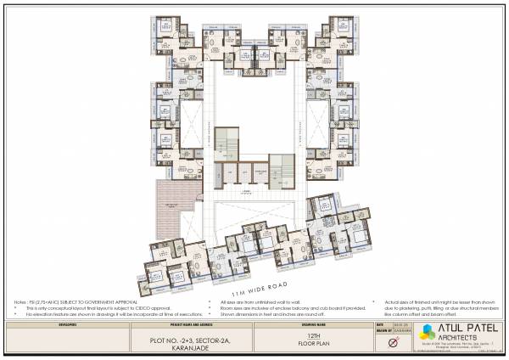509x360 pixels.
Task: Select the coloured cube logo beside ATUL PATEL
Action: tap(426, 332)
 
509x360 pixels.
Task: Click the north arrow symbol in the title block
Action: tap(392, 342)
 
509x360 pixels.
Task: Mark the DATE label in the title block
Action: tap(379, 323)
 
